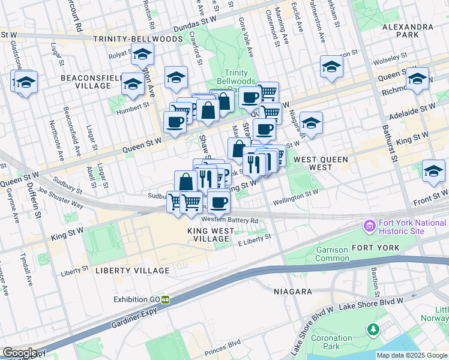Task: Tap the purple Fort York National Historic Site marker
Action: [x=369, y=227]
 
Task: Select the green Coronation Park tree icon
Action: [x=373, y=329]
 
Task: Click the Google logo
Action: [x=20, y=353]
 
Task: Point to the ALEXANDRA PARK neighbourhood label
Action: [x=424, y=31]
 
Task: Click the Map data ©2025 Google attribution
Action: [x=412, y=355]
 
